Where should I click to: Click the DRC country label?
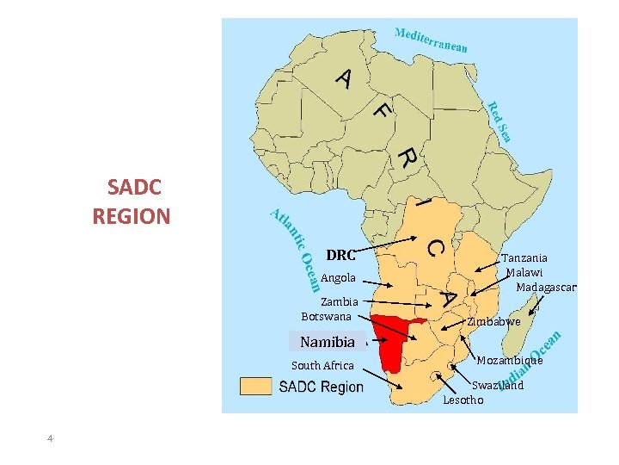point(340,255)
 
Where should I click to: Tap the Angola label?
point(338,278)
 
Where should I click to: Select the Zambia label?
point(339,302)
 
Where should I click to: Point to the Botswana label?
point(327,316)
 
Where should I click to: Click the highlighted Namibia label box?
point(328,342)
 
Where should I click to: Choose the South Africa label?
point(322,366)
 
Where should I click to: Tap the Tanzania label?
point(524,257)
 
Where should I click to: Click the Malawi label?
point(524,272)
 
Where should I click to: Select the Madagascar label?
point(546,287)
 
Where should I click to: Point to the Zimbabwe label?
point(494,321)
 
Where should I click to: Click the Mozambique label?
point(510,360)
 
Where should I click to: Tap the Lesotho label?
point(463,400)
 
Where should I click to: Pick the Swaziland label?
point(499,386)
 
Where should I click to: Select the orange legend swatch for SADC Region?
point(255,387)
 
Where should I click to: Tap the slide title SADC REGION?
point(132,201)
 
